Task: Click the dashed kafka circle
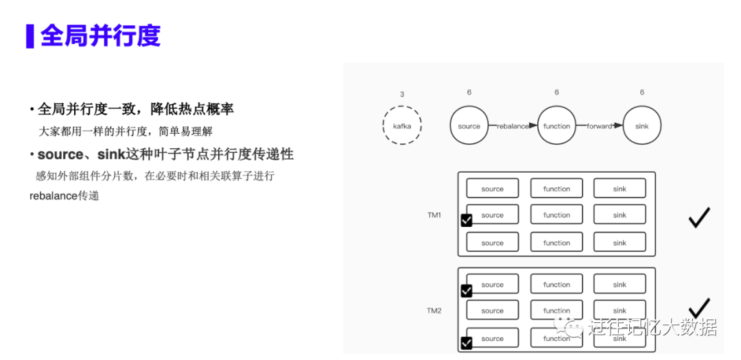click(x=402, y=125)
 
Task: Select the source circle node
click(x=469, y=125)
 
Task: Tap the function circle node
click(x=556, y=125)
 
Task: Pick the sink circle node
click(x=642, y=125)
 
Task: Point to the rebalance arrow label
click(x=513, y=126)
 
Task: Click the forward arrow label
click(x=599, y=126)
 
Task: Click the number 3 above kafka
click(x=402, y=94)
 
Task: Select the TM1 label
click(x=434, y=215)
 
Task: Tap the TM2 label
click(x=434, y=311)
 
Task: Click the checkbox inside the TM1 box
click(x=467, y=220)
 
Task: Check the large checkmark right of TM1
click(x=698, y=218)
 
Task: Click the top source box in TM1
click(x=492, y=189)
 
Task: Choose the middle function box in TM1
click(x=556, y=215)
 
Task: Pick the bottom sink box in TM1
click(x=620, y=243)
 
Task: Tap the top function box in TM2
click(x=556, y=285)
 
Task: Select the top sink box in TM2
click(x=620, y=285)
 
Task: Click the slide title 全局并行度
click(x=100, y=36)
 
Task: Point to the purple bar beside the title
click(x=30, y=36)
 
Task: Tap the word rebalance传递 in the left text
click(x=64, y=195)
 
